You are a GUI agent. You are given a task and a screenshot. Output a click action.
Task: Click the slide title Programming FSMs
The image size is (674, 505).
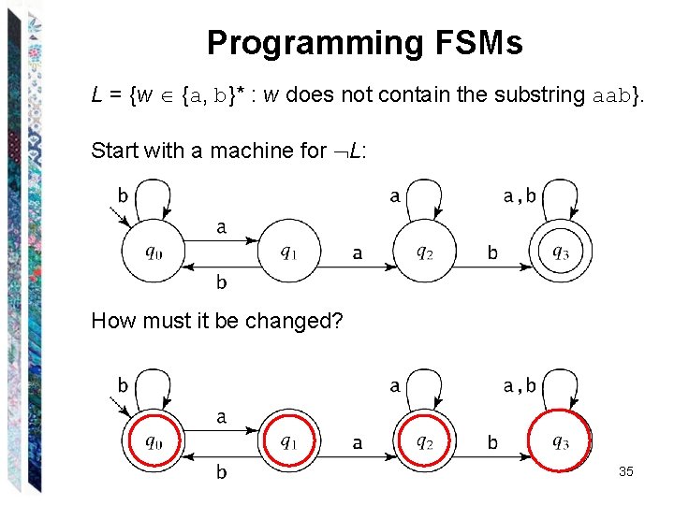(x=364, y=43)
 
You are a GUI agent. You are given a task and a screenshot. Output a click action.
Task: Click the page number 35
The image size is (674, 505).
(x=625, y=472)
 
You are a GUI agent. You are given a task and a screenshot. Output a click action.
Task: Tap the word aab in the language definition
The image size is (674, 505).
(x=614, y=94)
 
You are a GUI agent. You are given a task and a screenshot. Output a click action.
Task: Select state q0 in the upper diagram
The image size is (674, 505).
(x=154, y=252)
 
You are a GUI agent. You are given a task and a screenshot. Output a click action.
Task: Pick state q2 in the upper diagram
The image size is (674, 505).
(x=424, y=252)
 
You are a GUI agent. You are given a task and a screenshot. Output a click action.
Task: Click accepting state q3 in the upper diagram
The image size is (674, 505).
(x=560, y=252)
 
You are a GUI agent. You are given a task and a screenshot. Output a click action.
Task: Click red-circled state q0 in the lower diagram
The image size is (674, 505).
(x=154, y=442)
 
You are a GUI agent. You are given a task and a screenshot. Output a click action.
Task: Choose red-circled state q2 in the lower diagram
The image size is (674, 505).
(x=424, y=442)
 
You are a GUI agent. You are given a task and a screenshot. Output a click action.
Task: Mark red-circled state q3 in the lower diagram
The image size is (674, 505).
(x=560, y=442)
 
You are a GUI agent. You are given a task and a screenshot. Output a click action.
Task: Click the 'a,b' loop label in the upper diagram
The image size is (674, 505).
(x=520, y=196)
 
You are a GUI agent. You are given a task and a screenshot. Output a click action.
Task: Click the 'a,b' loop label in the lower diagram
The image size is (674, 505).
(x=520, y=386)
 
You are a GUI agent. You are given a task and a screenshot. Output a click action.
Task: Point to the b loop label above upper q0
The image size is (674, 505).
(x=123, y=195)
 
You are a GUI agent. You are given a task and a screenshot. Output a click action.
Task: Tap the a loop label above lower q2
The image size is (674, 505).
(x=394, y=386)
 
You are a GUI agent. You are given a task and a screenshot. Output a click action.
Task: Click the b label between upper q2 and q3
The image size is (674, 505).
(x=492, y=252)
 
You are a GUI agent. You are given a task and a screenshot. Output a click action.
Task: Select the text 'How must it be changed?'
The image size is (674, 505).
(x=217, y=322)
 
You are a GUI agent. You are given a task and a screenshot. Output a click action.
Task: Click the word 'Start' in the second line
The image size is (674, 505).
(x=113, y=150)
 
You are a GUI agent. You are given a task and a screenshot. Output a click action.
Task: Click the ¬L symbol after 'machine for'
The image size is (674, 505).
(x=348, y=150)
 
